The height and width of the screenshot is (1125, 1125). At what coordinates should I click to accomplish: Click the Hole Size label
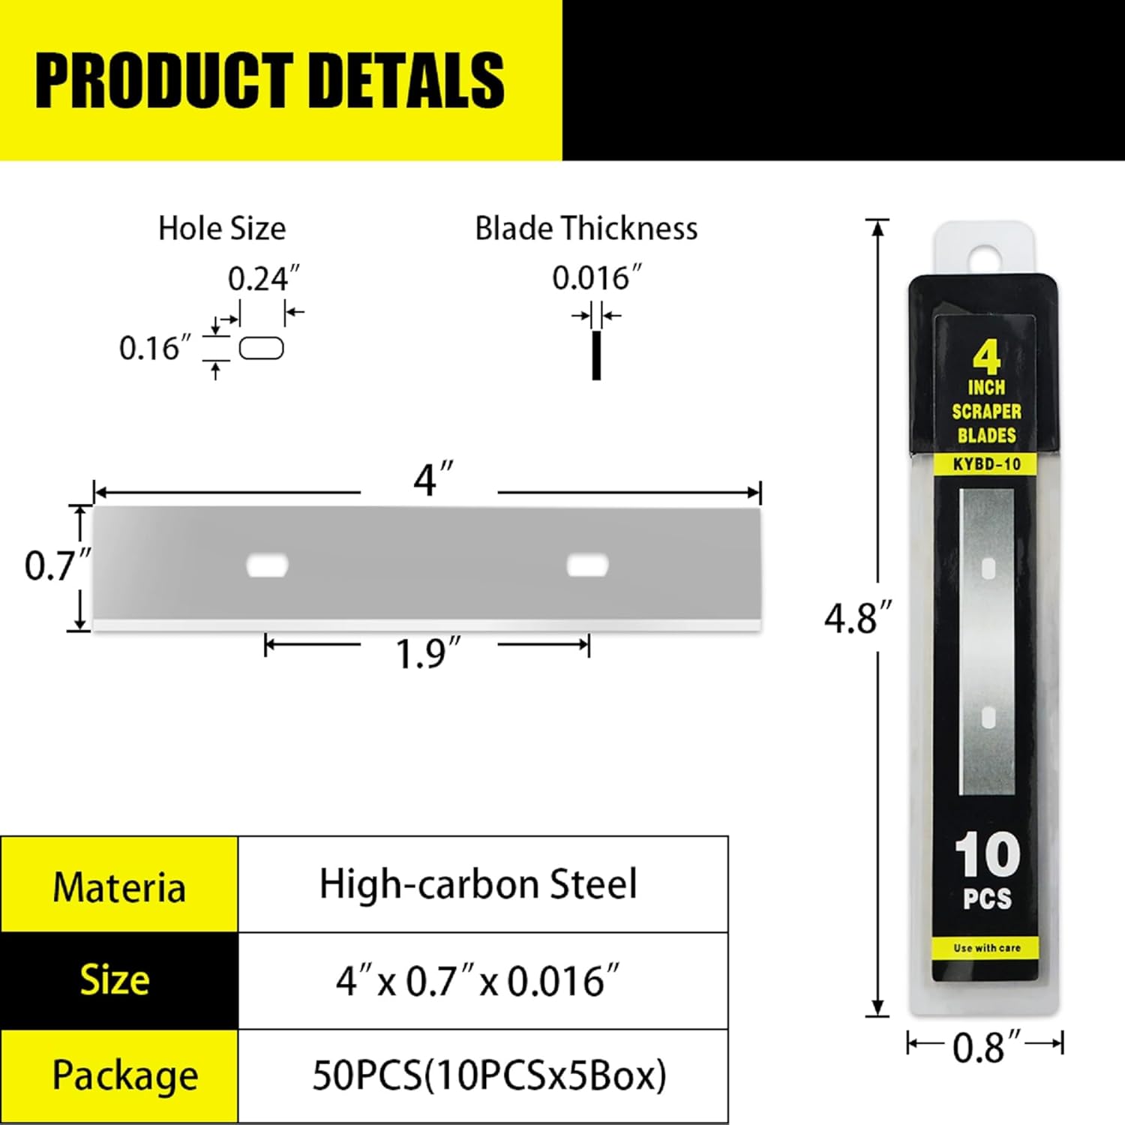[222, 229]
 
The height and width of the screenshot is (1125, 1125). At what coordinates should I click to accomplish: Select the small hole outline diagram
[261, 349]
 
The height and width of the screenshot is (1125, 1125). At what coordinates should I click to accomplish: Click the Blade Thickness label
[586, 229]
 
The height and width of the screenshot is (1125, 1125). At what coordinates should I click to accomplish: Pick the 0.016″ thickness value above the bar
[596, 278]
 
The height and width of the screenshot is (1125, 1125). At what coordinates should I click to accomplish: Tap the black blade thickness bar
[596, 355]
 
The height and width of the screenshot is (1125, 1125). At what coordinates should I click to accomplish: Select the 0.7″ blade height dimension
[56, 565]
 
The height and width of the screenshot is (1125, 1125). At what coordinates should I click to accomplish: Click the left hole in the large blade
[267, 565]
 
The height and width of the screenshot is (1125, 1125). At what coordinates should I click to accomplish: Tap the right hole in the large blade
[587, 565]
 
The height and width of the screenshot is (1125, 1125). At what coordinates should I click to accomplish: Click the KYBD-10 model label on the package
[986, 464]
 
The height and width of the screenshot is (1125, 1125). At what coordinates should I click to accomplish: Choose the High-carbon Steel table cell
[478, 884]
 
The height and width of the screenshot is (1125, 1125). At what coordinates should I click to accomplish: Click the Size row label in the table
[115, 980]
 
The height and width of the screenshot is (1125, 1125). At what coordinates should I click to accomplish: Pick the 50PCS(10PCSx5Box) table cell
[489, 1075]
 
